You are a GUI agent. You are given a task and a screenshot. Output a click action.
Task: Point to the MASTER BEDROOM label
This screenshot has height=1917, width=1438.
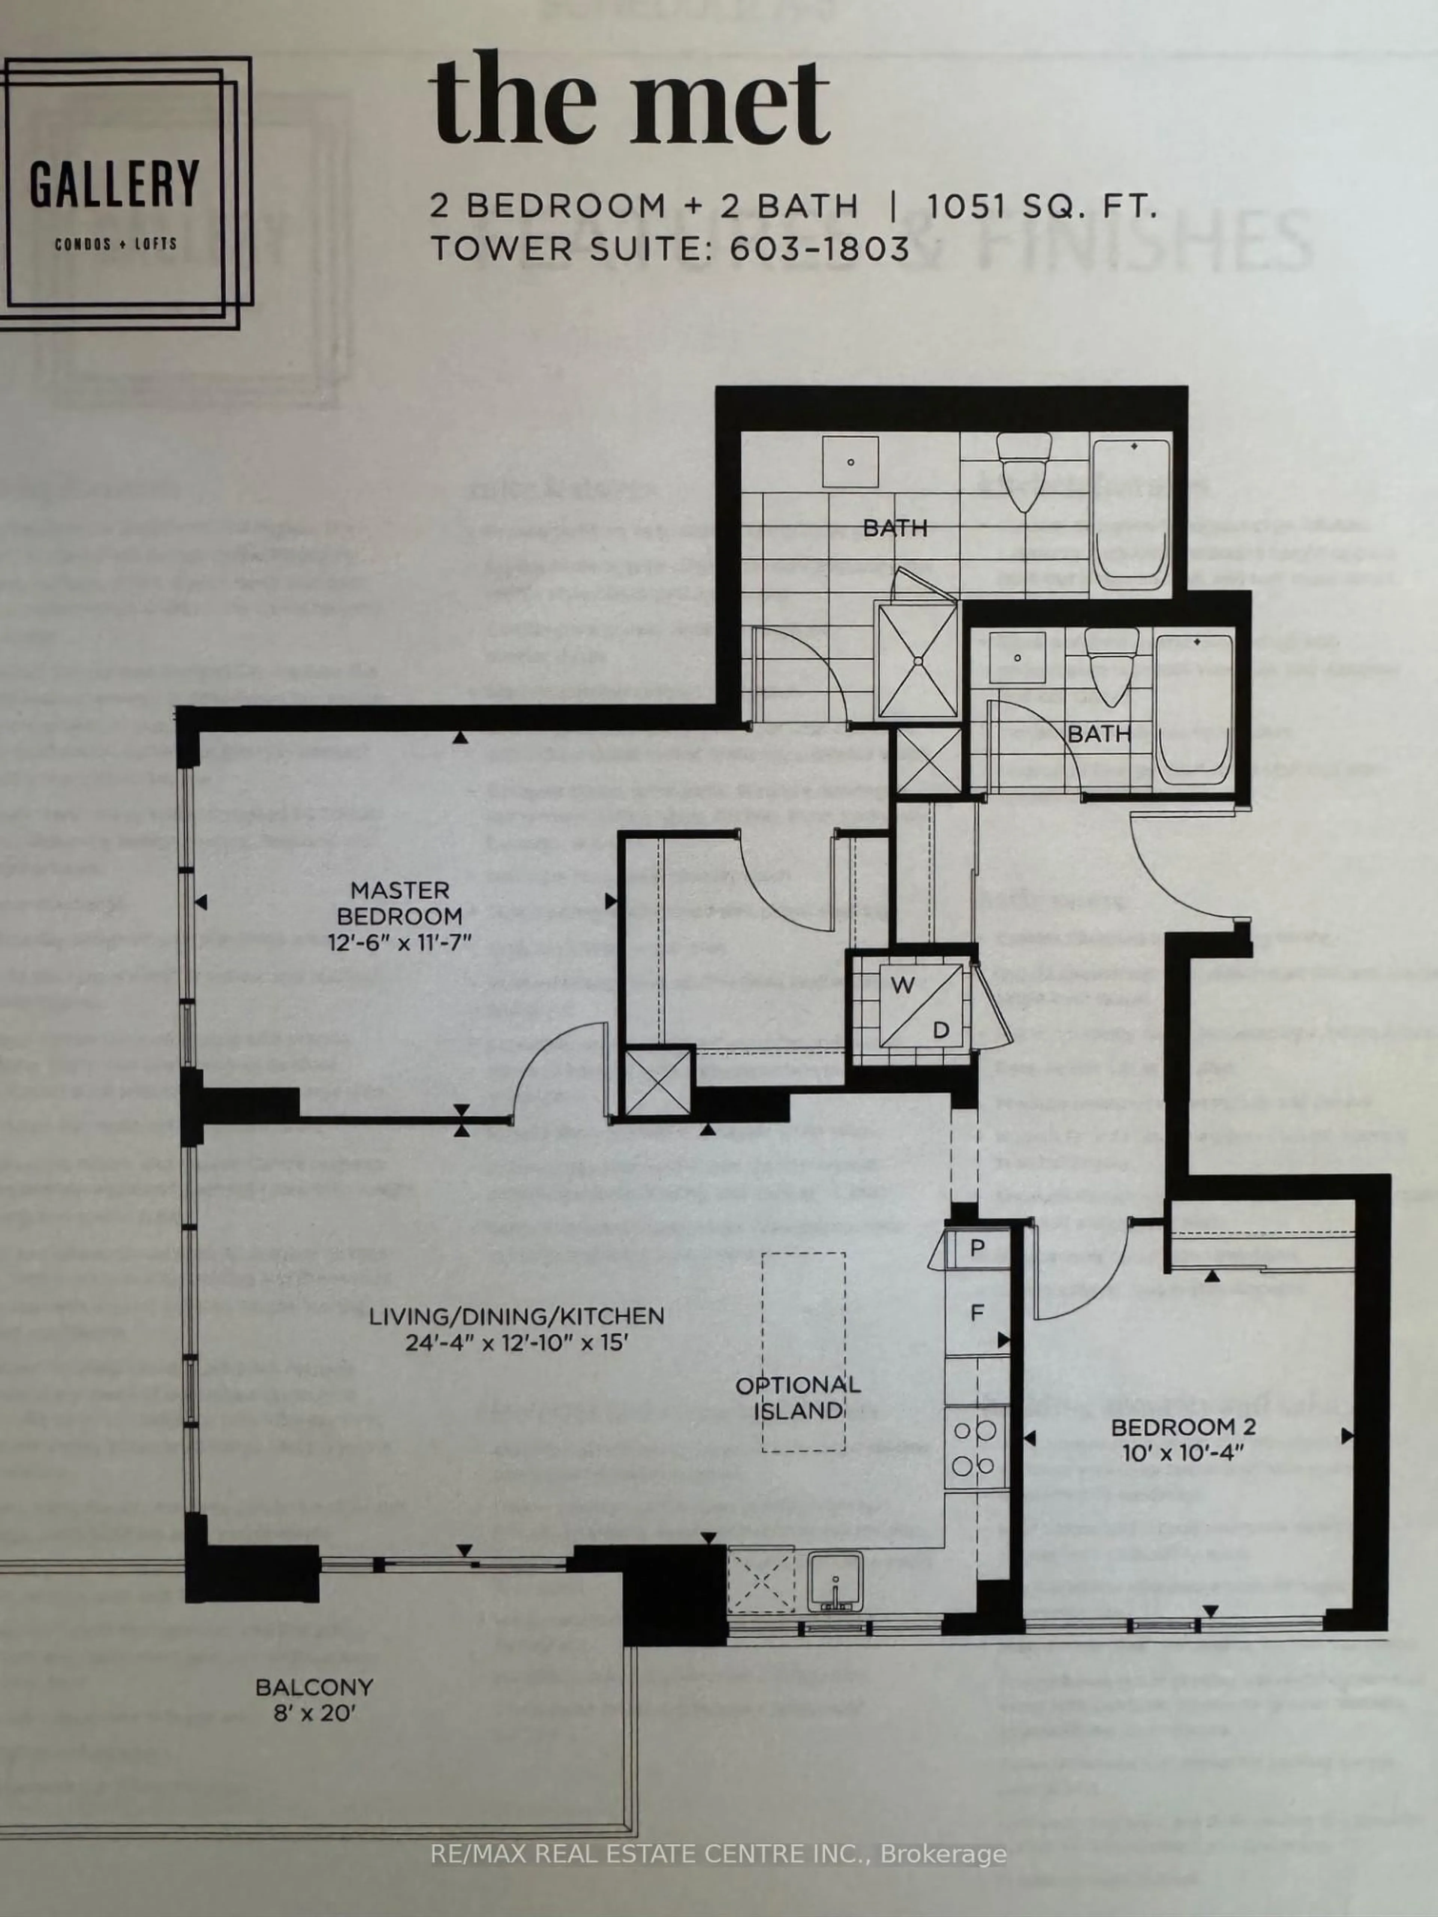click(400, 902)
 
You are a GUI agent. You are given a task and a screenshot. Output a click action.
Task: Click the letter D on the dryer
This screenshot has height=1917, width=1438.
click(940, 1030)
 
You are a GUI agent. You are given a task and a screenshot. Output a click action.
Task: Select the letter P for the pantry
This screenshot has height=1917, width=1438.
click(977, 1248)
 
